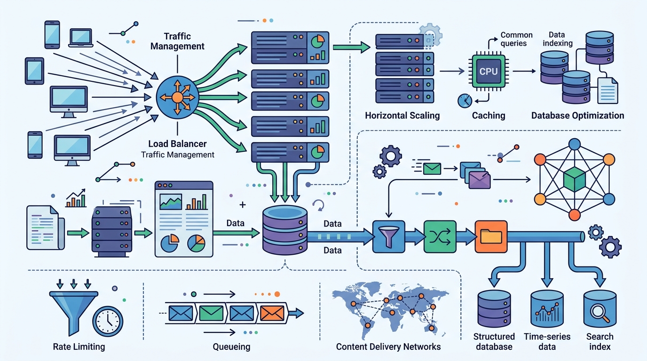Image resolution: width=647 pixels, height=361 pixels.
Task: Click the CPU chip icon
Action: (489, 71)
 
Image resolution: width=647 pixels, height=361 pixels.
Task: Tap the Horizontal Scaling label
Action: (402, 116)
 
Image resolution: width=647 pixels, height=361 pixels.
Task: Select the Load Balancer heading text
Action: (177, 143)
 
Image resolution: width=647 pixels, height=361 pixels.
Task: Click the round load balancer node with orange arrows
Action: (177, 97)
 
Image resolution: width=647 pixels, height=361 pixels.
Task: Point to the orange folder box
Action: (491, 236)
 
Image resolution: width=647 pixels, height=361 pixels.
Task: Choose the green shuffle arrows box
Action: (440, 236)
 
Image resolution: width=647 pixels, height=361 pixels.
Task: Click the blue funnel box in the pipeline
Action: (388, 236)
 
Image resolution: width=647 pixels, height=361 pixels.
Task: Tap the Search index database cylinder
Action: (600, 309)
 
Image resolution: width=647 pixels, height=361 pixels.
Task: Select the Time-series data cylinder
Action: (547, 309)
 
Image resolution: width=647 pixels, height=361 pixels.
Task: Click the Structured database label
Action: (494, 341)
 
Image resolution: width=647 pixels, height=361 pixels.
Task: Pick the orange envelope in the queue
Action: (272, 314)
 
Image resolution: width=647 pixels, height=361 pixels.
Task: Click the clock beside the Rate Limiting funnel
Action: (108, 322)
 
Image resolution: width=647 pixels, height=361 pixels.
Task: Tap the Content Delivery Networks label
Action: (388, 346)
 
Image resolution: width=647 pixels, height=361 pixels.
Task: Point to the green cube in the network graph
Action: (575, 180)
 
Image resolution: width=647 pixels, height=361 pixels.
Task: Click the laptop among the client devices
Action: (80, 38)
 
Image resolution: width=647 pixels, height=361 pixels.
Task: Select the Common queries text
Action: (516, 39)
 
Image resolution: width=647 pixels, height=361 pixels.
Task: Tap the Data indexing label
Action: (557, 39)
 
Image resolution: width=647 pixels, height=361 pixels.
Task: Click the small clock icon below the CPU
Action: (465, 101)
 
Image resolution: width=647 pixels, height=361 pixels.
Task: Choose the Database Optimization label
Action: (578, 116)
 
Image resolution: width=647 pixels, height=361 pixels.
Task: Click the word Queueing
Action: (231, 346)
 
